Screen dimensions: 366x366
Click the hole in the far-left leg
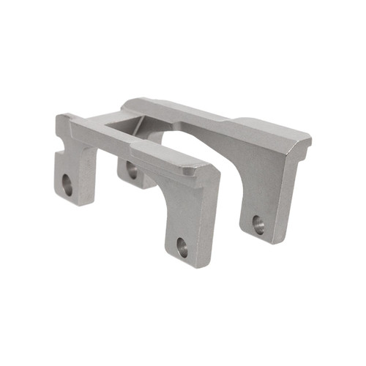point(67,185)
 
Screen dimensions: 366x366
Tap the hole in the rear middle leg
point(132,171)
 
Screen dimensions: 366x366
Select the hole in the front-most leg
point(182,247)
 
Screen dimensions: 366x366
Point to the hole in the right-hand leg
point(258,224)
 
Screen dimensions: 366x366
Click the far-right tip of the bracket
point(311,136)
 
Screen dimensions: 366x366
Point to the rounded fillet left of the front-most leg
point(155,183)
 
